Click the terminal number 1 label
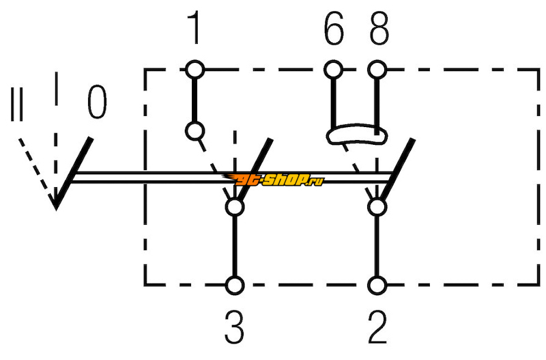(194, 27)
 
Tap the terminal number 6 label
(334, 29)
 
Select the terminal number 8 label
(379, 29)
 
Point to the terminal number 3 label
(234, 327)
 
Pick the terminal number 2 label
(377, 327)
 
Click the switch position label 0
(97, 102)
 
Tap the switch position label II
(16, 105)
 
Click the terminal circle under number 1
(195, 70)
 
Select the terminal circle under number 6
(333, 70)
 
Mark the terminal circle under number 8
(377, 70)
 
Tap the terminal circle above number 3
(235, 286)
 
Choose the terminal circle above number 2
(377, 286)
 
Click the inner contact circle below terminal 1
(195, 131)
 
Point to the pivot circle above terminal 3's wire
(235, 207)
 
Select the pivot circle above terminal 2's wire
(377, 207)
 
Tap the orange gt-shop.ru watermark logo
(274, 180)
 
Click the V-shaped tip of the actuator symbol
(55, 208)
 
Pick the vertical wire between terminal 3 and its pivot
(235, 247)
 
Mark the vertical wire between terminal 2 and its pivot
(377, 247)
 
